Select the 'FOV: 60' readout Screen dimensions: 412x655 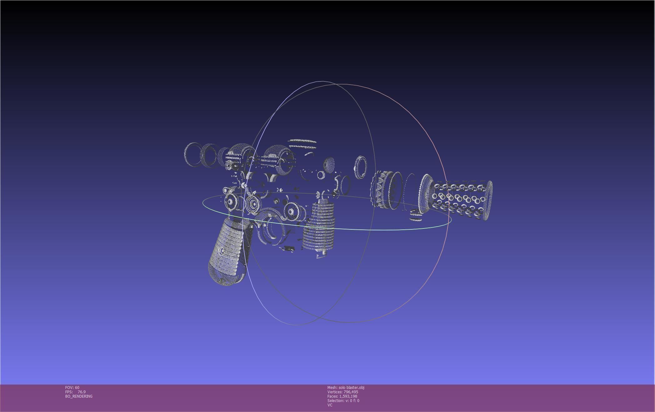(72, 388)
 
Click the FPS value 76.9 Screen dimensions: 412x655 (82, 392)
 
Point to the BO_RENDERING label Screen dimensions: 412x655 (79, 396)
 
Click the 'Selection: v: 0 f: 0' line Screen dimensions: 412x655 (343, 401)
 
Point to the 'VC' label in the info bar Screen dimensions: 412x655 (330, 405)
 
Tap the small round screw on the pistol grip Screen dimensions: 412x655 (222, 251)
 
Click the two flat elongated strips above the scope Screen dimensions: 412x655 (302, 144)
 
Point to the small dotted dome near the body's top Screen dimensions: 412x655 (329, 164)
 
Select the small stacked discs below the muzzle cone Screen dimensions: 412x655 (416, 215)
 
